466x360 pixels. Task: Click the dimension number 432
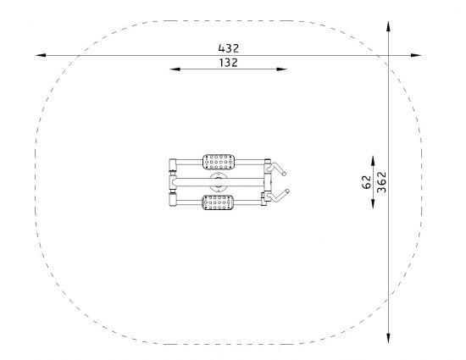(228, 48)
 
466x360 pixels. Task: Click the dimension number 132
(228, 63)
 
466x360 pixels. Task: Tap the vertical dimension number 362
(381, 182)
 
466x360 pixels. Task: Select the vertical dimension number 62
(367, 182)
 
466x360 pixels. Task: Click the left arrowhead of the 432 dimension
(41, 55)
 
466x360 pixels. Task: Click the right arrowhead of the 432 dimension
(416, 55)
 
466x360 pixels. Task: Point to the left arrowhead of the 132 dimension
(175, 69)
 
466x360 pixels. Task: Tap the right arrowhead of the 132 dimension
(282, 69)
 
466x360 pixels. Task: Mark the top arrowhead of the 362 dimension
(388, 26)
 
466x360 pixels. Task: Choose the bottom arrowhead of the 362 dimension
(388, 338)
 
